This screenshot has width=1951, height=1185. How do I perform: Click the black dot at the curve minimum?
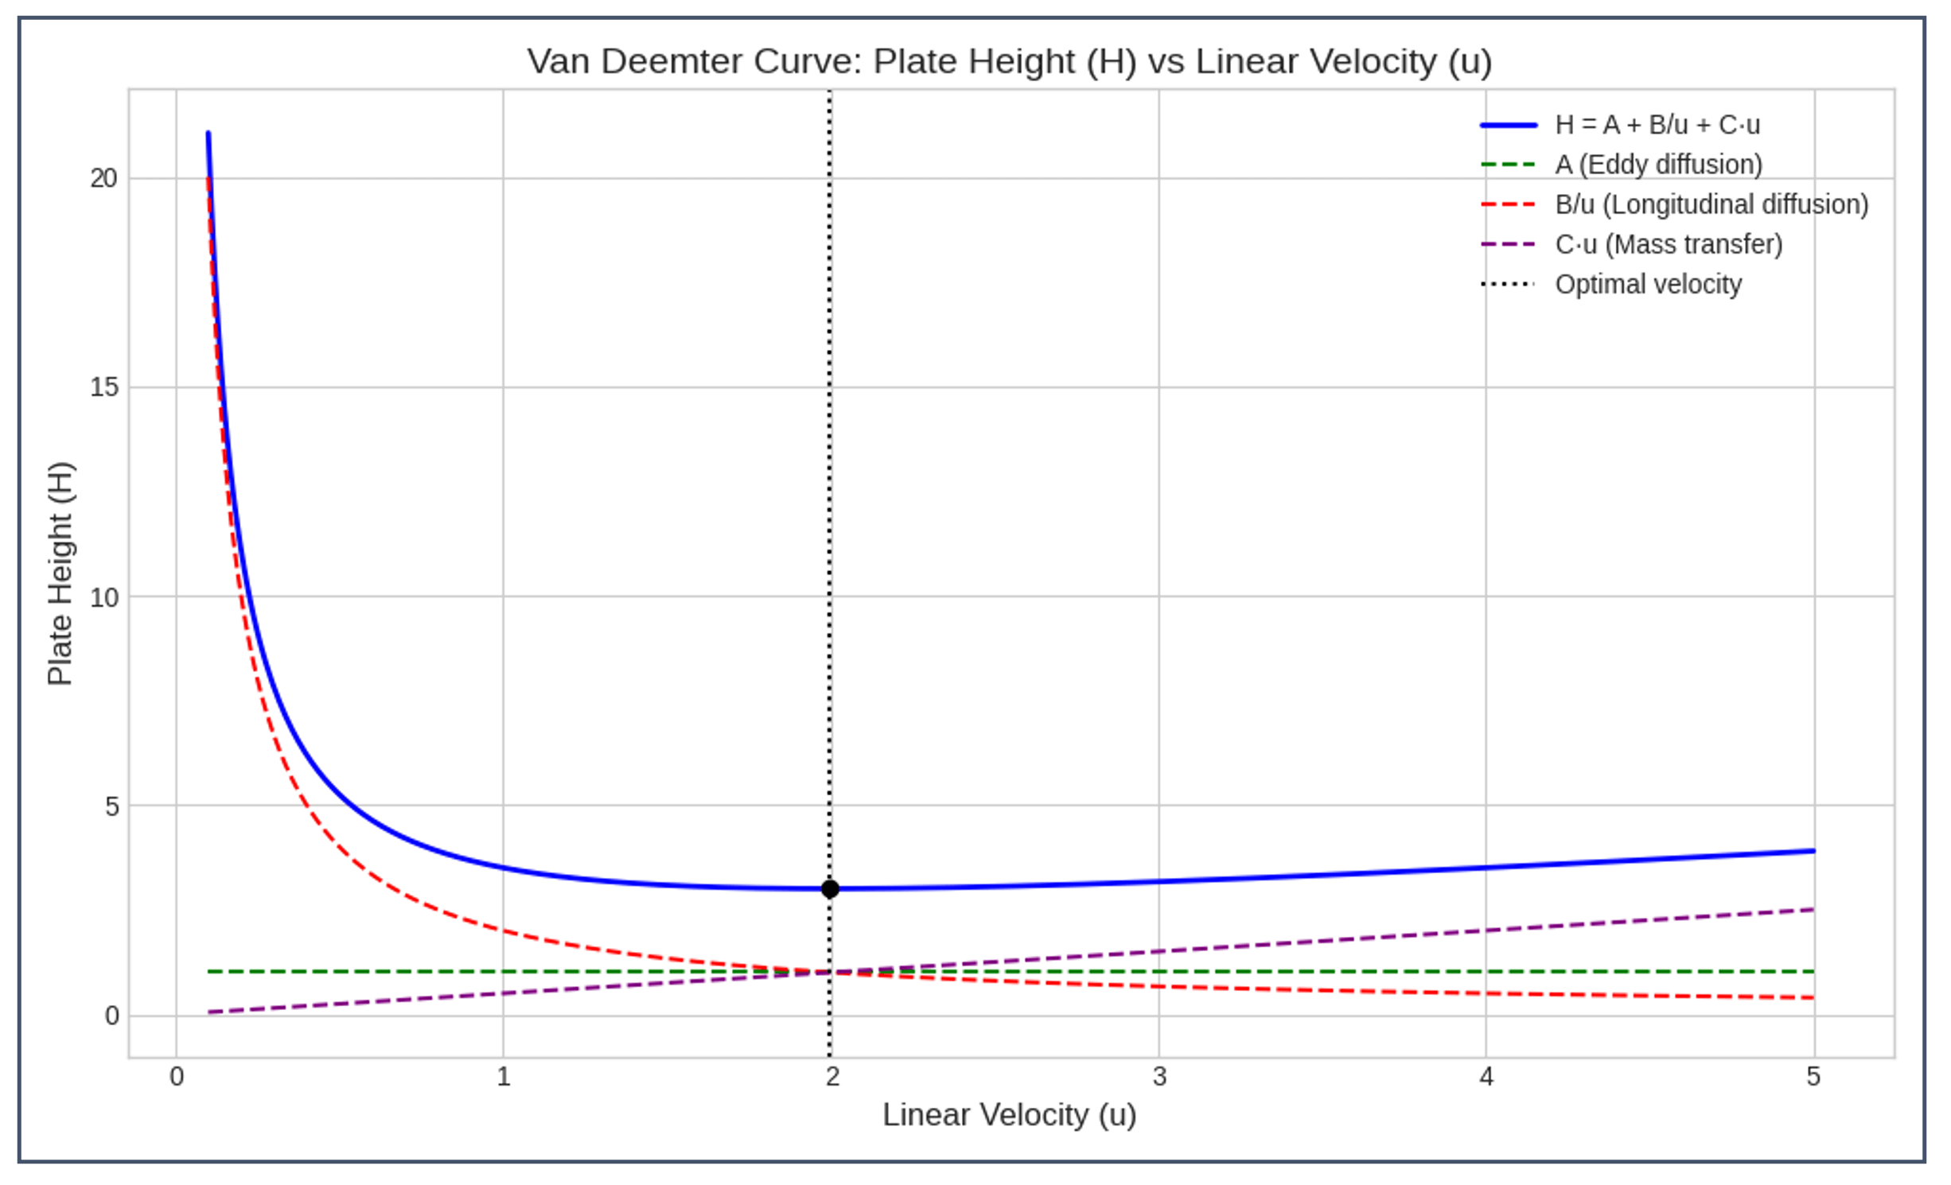830,888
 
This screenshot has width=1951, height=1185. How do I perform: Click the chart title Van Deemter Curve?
1009,61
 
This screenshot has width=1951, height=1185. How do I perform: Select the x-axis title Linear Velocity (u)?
1009,1115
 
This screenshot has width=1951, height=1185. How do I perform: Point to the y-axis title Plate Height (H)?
60,573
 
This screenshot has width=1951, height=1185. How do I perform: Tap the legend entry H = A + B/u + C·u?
1657,125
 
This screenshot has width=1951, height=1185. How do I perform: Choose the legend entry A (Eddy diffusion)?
1658,165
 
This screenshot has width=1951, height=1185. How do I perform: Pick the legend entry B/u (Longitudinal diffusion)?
1711,204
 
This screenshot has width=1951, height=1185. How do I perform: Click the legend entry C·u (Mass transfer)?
1668,244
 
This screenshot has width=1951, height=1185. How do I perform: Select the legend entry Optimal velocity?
1648,284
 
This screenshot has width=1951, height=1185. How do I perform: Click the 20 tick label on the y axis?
103,178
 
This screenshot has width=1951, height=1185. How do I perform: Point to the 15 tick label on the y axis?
103,387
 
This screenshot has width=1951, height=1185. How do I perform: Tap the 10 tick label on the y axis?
103,597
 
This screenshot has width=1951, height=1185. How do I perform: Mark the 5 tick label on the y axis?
111,806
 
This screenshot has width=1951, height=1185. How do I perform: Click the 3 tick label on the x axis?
1159,1077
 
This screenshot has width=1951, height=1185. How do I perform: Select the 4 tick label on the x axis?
1486,1077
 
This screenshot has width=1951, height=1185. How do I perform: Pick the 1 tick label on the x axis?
503,1077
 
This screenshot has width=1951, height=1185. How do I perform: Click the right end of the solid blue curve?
1813,851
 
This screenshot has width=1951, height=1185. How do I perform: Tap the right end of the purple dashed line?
1813,909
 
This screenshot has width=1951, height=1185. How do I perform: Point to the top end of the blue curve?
208,133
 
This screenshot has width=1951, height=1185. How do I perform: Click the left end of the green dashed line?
209,972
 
